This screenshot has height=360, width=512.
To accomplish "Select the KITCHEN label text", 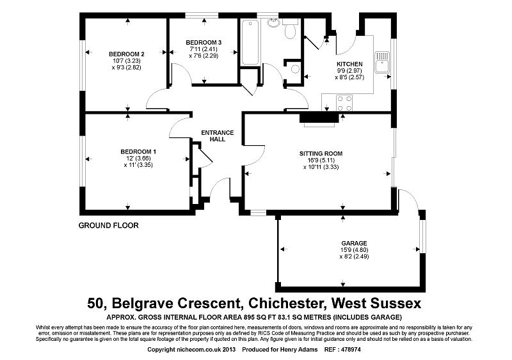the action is click(x=349, y=64).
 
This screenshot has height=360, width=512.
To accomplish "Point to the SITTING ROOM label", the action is click(x=321, y=153).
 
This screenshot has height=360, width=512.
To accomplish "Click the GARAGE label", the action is click(x=354, y=243).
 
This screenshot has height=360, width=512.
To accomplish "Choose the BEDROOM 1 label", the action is click(x=138, y=152).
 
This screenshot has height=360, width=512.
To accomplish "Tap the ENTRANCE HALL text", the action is click(x=218, y=136).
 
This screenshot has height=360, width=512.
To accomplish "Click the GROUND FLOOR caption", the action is click(x=108, y=225).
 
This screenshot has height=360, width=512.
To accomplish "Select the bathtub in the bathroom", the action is click(x=250, y=43).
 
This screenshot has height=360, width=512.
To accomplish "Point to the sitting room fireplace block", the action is click(x=319, y=117).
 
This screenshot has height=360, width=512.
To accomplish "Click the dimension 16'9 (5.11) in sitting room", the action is click(x=321, y=160).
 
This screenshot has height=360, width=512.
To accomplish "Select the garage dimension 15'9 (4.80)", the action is click(x=354, y=250).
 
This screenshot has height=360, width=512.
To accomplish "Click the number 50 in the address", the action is click(x=97, y=301).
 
